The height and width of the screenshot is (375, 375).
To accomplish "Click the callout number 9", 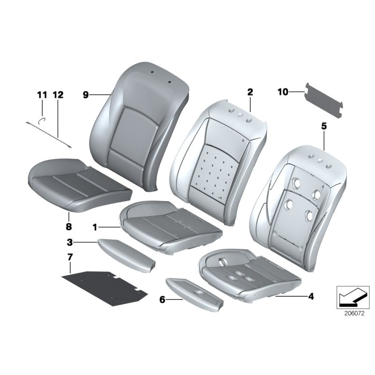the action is pyautogui.click(x=86, y=95).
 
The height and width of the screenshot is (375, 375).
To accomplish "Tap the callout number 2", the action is pyautogui.click(x=250, y=92).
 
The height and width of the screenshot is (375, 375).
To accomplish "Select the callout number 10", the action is pyautogui.click(x=283, y=92).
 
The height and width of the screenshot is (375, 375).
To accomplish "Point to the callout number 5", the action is pyautogui.click(x=324, y=126).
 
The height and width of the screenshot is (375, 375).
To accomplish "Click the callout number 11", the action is pyautogui.click(x=42, y=95).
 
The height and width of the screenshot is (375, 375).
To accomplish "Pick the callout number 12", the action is pyautogui.click(x=58, y=95).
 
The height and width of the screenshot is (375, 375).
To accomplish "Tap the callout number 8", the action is pyautogui.click(x=68, y=226).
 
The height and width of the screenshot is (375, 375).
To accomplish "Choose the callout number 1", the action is pyautogui.click(x=95, y=227).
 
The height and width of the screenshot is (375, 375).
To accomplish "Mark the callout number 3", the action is pyautogui.click(x=69, y=242).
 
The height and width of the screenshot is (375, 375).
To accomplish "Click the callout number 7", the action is pyautogui.click(x=70, y=257).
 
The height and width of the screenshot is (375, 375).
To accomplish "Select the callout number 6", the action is pyautogui.click(x=162, y=300).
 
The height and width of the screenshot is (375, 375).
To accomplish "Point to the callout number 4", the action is pyautogui.click(x=311, y=297).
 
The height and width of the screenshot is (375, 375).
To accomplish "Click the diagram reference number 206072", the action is pyautogui.click(x=354, y=313).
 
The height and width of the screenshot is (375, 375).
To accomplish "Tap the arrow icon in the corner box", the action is pyautogui.click(x=352, y=297).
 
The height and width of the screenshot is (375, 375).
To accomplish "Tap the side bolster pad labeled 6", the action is pyautogui.click(x=195, y=295).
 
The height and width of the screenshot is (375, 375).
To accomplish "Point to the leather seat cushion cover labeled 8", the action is pyautogui.click(x=80, y=185).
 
